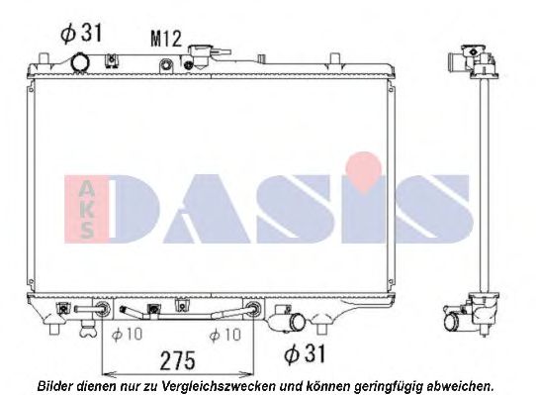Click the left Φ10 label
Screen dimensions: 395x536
tap(128, 334)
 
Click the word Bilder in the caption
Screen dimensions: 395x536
tap(54, 385)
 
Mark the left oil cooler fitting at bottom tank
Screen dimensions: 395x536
tap(100, 310)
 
